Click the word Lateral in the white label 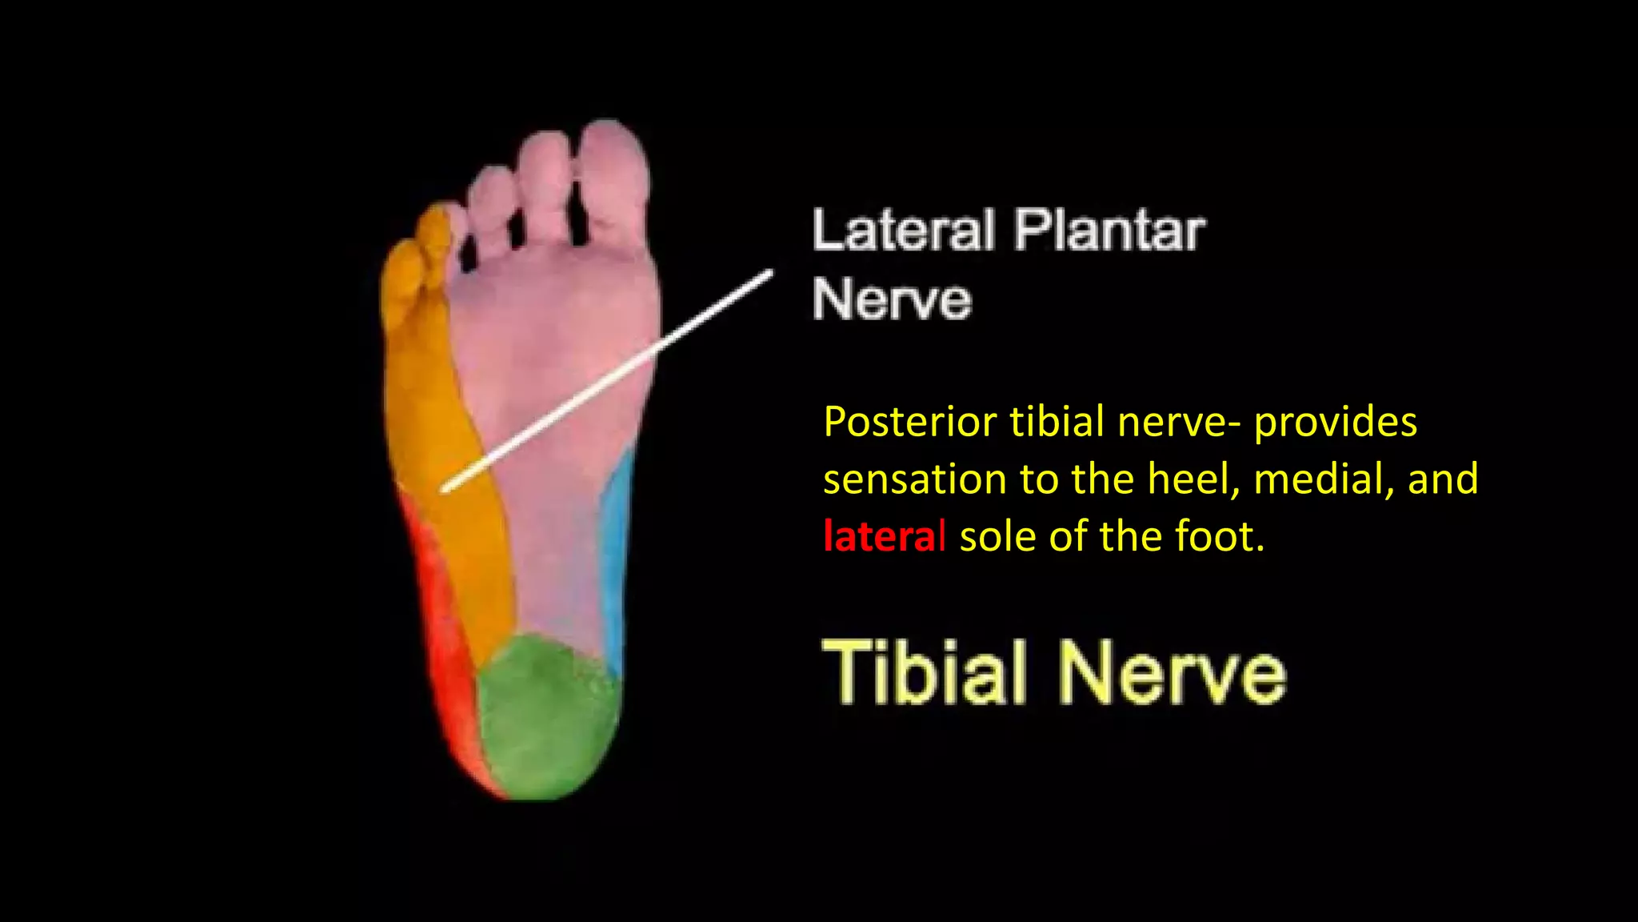coord(904,230)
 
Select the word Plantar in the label coord(1109,230)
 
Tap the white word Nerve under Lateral coord(892,300)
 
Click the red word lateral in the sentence coord(885,536)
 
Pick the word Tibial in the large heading coord(924,672)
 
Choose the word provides coord(1335,422)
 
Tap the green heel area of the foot coord(548,716)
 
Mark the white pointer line coord(608,380)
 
